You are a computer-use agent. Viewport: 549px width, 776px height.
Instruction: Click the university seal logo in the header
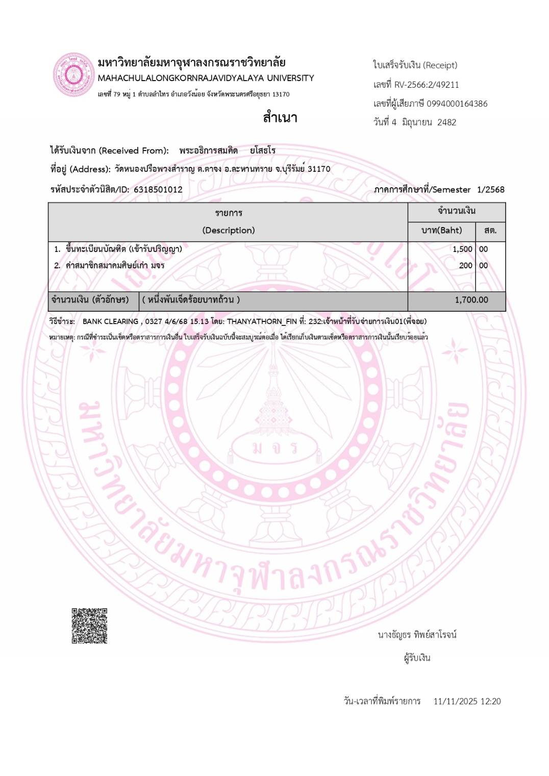click(x=74, y=75)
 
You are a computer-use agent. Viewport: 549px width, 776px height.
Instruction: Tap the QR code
click(x=89, y=625)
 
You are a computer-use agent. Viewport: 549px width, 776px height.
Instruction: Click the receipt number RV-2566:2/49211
click(x=427, y=85)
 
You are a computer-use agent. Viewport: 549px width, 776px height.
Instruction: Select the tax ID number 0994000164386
click(x=457, y=104)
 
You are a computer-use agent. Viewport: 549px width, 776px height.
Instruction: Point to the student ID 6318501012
click(x=158, y=189)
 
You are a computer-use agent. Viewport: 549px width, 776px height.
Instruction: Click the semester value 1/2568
click(x=490, y=189)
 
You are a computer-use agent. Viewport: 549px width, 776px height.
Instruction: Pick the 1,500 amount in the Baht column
click(x=462, y=249)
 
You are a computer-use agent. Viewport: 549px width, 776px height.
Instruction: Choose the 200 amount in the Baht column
click(x=465, y=265)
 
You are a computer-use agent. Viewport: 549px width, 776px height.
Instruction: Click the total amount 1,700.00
click(x=471, y=300)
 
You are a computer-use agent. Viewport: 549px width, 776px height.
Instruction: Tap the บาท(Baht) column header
click(x=441, y=230)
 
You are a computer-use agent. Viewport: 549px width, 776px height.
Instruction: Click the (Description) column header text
click(x=228, y=230)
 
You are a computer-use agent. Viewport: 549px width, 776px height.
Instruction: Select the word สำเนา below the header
click(x=280, y=118)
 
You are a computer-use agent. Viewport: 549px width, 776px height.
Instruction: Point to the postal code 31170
click(x=319, y=169)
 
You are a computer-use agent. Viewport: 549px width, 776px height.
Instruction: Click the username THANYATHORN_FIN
click(x=262, y=321)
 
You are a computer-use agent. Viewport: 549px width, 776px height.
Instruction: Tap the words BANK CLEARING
click(x=110, y=321)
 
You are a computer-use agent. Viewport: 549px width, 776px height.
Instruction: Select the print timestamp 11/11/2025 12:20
click(x=467, y=701)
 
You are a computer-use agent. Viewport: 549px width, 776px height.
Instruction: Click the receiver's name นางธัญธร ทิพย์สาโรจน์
click(x=417, y=635)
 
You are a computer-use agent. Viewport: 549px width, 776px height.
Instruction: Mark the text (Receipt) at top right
click(x=440, y=65)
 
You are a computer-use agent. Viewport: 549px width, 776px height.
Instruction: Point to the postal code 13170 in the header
click(x=281, y=94)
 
